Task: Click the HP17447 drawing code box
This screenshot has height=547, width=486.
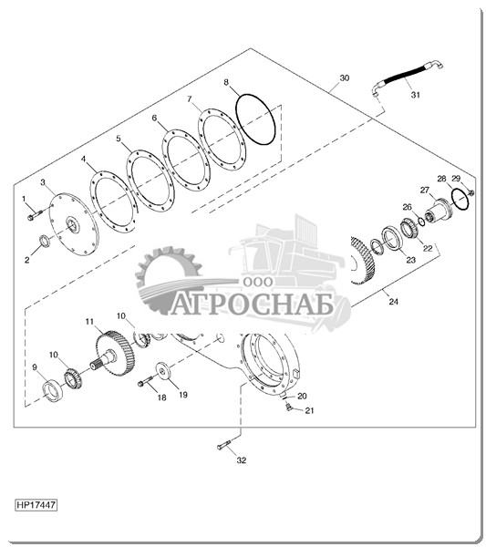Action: (36, 505)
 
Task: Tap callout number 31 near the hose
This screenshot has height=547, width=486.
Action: (415, 95)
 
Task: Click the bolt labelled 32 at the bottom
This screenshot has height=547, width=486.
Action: (223, 445)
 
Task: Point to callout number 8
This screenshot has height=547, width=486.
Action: (226, 82)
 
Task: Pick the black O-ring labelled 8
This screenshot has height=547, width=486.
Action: (255, 119)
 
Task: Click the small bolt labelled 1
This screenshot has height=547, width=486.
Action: (35, 214)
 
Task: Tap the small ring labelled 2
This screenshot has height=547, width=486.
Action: (44, 241)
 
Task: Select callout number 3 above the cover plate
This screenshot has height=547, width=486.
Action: (43, 182)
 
